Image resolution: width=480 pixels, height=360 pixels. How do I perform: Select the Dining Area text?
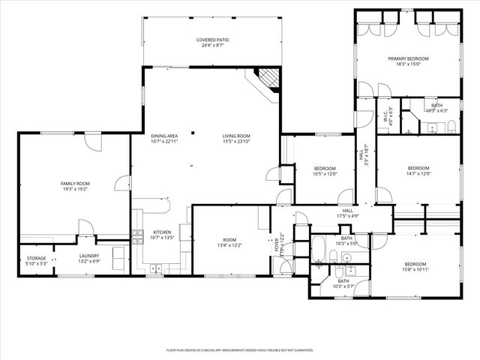163,136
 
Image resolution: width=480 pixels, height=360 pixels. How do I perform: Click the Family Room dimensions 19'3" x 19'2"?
75,190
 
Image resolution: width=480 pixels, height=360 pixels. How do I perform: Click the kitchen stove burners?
137,236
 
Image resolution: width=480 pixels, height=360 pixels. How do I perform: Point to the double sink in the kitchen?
158,268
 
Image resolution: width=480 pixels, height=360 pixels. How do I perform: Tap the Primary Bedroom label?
408,58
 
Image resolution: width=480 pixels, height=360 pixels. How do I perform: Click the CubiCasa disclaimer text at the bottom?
239,350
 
